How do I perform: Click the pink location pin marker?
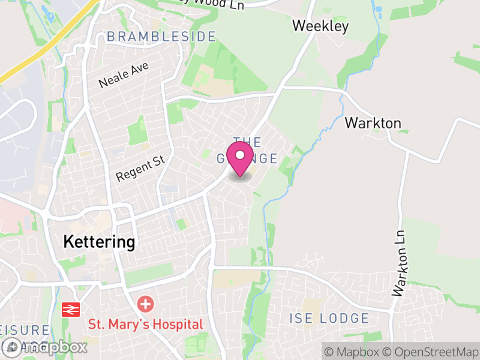(240, 157)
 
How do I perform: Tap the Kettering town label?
(100, 242)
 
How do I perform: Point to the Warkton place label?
(373, 123)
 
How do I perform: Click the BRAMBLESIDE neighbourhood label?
(161, 37)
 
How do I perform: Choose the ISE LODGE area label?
(329, 318)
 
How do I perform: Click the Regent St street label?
(140, 168)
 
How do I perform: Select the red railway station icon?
(71, 310)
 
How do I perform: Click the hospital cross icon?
(145, 304)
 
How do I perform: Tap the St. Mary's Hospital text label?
(146, 325)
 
